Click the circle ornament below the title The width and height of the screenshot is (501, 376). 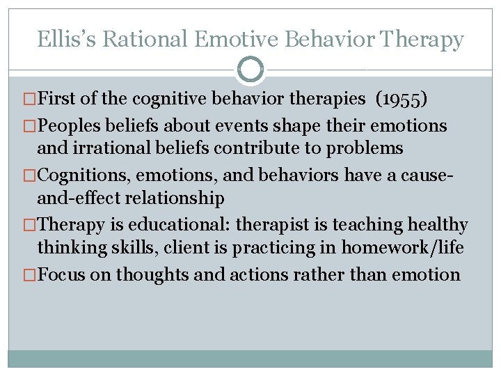250,70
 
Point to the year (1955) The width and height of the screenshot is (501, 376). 401,99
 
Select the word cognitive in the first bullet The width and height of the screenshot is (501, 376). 141,99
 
